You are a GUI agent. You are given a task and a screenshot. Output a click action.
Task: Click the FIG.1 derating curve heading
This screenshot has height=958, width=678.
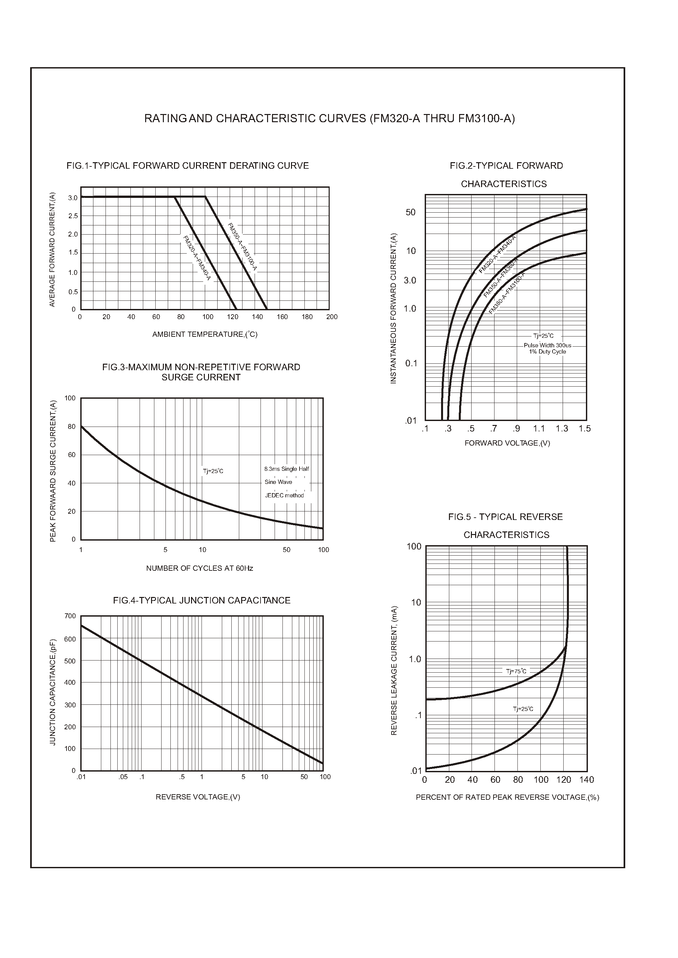[x=187, y=166]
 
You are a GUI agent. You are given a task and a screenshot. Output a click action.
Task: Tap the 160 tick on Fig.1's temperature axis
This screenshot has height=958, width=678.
[x=282, y=317]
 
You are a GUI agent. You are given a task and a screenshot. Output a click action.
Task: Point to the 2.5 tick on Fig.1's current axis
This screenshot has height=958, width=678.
[x=73, y=216]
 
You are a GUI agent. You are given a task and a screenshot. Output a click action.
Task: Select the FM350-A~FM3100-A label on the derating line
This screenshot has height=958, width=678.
[x=242, y=248]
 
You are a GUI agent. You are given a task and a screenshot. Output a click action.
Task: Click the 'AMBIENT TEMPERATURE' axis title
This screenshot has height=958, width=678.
[x=204, y=335]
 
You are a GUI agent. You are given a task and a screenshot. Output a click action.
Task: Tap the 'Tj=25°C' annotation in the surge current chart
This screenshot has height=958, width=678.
[x=213, y=471]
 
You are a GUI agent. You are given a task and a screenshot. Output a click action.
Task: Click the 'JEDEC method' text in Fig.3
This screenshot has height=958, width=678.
[x=284, y=495]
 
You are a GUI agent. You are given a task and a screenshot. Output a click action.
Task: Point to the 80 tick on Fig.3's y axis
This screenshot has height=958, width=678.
[x=72, y=427]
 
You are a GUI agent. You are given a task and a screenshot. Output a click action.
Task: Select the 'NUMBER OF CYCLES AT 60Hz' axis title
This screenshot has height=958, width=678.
[x=200, y=568]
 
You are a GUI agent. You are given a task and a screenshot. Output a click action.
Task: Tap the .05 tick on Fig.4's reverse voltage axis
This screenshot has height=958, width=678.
[x=123, y=777]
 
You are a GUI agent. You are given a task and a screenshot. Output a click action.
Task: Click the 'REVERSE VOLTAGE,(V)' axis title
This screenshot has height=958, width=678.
[x=198, y=797]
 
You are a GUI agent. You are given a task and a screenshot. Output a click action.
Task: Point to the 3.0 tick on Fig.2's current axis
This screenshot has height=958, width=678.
[x=410, y=280]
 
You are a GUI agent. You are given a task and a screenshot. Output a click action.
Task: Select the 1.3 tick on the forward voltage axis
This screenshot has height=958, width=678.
[x=562, y=429]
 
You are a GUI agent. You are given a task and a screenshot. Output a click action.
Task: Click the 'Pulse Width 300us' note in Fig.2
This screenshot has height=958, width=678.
[x=547, y=346]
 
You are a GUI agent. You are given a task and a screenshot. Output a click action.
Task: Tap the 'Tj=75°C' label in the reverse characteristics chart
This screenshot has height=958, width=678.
[x=516, y=671]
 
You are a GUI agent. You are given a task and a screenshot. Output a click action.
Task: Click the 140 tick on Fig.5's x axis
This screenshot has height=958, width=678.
[x=587, y=780]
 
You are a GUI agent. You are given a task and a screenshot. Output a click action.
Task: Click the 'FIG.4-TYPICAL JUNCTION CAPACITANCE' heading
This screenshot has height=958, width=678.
[x=202, y=600]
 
